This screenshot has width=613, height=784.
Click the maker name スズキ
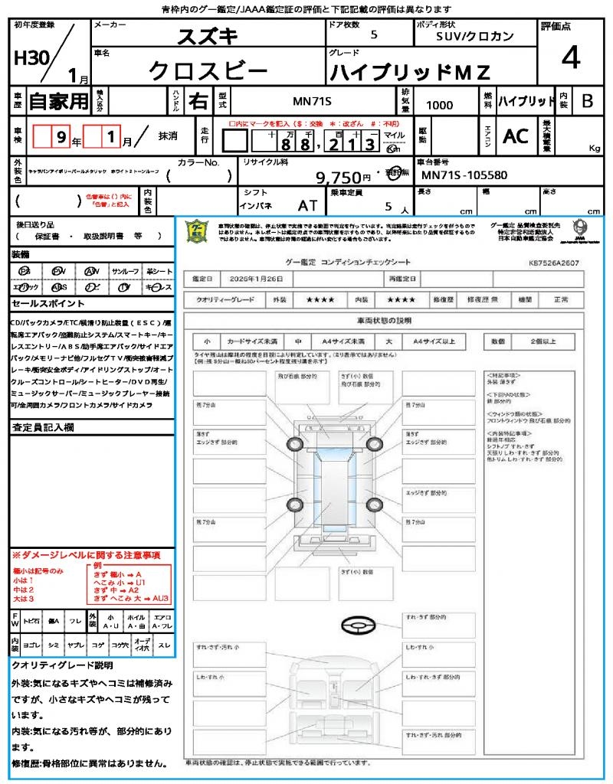tap(208, 36)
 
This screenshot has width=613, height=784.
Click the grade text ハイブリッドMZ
tap(409, 72)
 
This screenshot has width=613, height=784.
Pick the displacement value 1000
tap(439, 106)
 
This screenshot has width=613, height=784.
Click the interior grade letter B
tap(587, 100)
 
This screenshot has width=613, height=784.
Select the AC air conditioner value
tap(516, 136)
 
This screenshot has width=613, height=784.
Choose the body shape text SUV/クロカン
tap(475, 36)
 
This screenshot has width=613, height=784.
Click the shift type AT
tap(306, 204)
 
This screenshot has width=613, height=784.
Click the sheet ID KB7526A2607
tap(553, 263)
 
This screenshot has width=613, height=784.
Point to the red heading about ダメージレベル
tap(86, 554)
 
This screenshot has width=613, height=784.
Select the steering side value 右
tap(198, 101)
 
